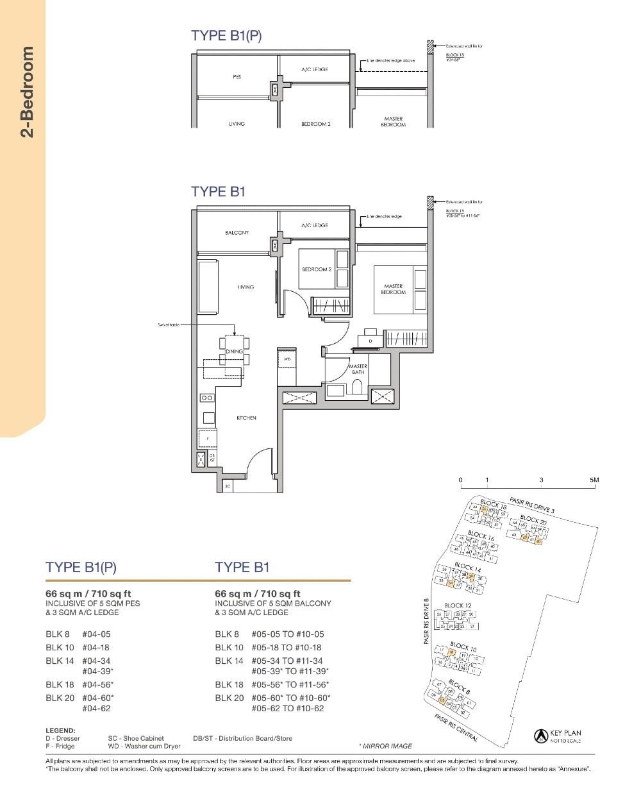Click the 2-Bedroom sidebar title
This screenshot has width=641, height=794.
pos(27,92)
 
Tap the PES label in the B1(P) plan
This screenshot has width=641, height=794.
pos(237,77)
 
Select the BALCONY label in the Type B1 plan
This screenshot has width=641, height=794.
pos(237,233)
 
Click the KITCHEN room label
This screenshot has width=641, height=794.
pos(246,418)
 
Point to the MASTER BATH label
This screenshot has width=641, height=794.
pos(358,369)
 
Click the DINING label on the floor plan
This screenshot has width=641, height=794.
pos(234,351)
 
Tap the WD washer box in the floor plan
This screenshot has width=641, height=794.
pos(287,360)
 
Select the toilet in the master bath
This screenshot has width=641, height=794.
pos(357,386)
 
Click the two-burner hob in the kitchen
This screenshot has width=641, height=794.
pos(207,398)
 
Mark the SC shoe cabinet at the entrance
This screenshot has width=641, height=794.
pos(227,487)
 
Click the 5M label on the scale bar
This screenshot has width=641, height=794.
pos(594,480)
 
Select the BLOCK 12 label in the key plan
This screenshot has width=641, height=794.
pos(458,605)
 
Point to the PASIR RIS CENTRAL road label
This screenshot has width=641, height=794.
pos(456,728)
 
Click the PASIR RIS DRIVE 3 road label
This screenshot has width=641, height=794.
pos(532,505)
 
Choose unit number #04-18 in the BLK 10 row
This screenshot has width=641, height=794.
pos(96,648)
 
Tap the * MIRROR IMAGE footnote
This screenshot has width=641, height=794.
pos(385,746)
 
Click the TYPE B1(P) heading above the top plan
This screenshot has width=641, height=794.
pos(226,36)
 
